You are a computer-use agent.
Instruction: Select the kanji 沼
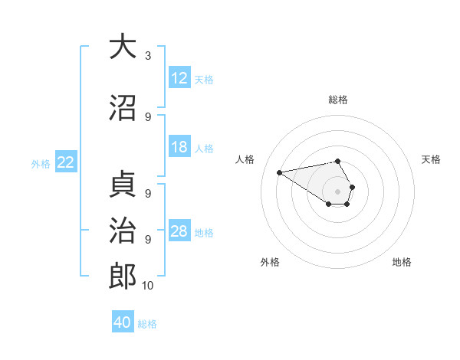[x=122, y=107]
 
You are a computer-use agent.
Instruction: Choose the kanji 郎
[x=122, y=277]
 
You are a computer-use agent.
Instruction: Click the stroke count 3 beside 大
[x=148, y=56]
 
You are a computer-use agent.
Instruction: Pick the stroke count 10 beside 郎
[x=148, y=286]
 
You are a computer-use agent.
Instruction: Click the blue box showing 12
[x=179, y=78]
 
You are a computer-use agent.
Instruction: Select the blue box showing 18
[x=179, y=147]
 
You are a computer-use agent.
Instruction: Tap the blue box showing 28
[x=179, y=231]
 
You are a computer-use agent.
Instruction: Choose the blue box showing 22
[x=66, y=162]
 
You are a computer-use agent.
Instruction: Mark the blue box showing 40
[x=123, y=323]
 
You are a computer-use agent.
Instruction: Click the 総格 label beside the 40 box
[x=147, y=324]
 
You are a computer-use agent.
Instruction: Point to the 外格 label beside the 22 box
[x=41, y=163]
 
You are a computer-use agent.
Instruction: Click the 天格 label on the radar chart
[x=432, y=159]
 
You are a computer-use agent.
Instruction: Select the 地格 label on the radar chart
[x=402, y=262]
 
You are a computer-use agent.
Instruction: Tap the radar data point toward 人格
[x=280, y=172]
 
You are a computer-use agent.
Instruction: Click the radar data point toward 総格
[x=338, y=162]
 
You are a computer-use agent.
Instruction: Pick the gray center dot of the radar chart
[x=338, y=191]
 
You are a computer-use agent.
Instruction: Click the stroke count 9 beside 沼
[x=148, y=117]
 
